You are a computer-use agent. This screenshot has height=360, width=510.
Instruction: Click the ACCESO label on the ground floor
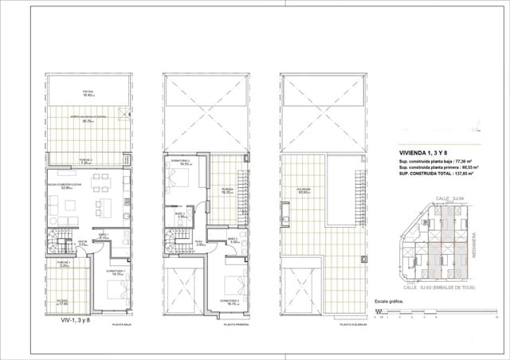[x=61, y=301]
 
